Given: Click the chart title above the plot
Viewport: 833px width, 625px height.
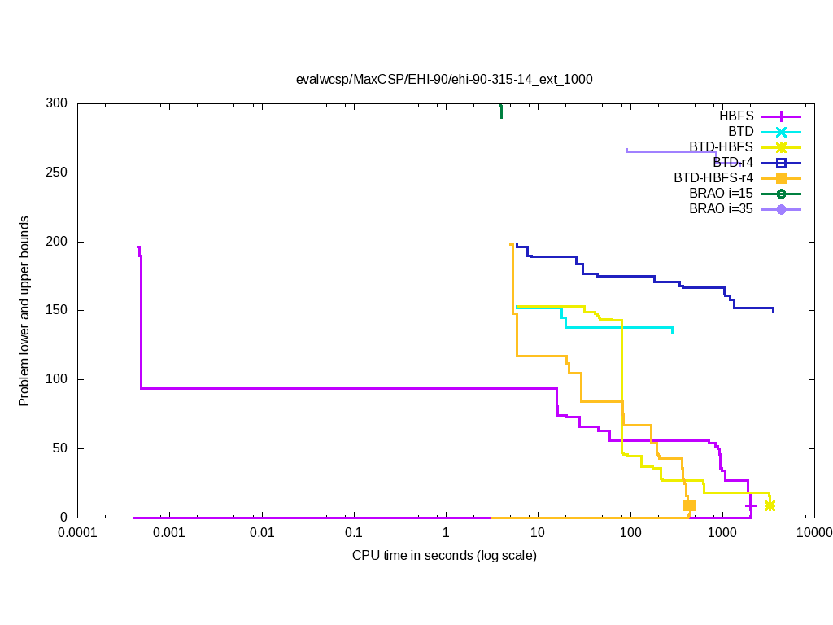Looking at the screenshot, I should click(x=444, y=79).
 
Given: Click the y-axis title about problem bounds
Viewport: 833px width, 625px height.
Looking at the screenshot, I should click(x=25, y=311).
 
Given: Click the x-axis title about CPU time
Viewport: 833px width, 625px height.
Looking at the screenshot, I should click(x=444, y=556).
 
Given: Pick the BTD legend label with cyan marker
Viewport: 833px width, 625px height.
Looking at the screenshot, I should click(x=741, y=132).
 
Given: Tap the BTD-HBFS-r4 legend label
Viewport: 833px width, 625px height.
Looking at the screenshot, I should click(x=713, y=178).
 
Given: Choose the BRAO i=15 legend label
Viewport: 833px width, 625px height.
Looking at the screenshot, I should click(x=721, y=194).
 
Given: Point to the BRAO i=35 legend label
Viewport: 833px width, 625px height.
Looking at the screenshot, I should click(x=721, y=209).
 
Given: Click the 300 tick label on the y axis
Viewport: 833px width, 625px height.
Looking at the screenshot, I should click(x=58, y=104).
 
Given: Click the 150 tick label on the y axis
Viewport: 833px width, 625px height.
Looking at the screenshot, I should click(x=58, y=311).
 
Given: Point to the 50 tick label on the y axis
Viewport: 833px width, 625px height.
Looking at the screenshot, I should click(x=61, y=448).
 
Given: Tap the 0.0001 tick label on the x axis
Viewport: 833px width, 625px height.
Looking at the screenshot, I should click(x=78, y=534).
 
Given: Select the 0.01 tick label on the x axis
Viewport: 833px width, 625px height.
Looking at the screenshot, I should click(x=262, y=534).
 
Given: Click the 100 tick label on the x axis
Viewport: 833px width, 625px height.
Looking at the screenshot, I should click(x=630, y=534).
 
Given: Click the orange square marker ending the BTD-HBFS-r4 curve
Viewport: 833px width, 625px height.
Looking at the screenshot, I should click(x=689, y=505).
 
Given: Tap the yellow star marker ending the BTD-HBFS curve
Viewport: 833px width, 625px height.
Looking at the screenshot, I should click(x=770, y=505).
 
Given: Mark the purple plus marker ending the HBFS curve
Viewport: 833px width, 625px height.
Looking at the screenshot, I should click(x=751, y=505).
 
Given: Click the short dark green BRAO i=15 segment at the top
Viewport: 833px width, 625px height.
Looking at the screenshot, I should click(x=501, y=111).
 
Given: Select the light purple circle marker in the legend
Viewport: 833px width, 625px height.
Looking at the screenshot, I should click(x=781, y=209).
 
